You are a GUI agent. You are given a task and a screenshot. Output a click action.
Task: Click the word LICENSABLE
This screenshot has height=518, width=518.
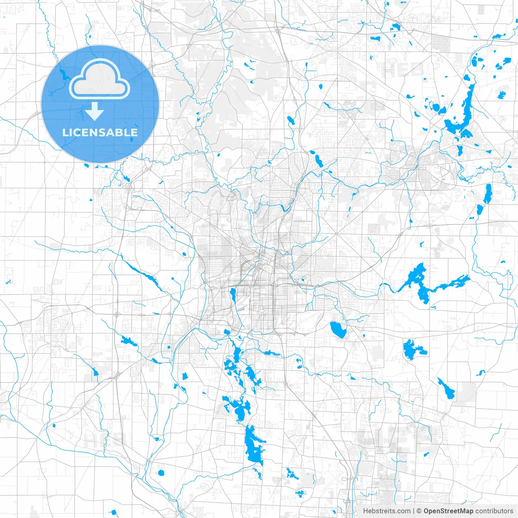[100, 132]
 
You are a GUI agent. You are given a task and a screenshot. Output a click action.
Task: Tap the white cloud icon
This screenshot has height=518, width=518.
[100, 79]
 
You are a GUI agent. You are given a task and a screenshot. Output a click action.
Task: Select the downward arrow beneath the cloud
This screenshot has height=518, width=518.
[95, 111]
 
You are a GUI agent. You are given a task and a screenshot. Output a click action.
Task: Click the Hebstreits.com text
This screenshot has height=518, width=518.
[386, 511]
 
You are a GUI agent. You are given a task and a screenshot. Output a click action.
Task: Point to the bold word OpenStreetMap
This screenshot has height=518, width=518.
[448, 511]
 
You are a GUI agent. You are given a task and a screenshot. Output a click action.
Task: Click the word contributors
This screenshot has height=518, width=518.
[494, 511]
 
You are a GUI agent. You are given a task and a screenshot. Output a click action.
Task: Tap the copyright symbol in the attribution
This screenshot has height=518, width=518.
[419, 511]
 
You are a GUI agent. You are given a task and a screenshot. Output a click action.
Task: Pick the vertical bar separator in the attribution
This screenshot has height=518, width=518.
[414, 511]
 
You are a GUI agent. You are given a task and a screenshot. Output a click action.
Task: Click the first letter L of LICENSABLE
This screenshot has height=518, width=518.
[65, 132]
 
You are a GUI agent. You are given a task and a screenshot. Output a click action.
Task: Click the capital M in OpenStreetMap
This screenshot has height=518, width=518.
[461, 511]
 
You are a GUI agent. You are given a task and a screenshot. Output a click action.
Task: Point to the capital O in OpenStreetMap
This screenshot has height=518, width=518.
[427, 511]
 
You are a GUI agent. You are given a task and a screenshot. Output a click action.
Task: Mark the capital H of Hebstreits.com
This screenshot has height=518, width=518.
[365, 511]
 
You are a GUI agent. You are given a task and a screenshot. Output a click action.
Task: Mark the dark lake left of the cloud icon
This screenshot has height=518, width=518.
[63, 75]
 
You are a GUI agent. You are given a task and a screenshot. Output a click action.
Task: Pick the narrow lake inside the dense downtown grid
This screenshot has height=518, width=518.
[233, 295]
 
